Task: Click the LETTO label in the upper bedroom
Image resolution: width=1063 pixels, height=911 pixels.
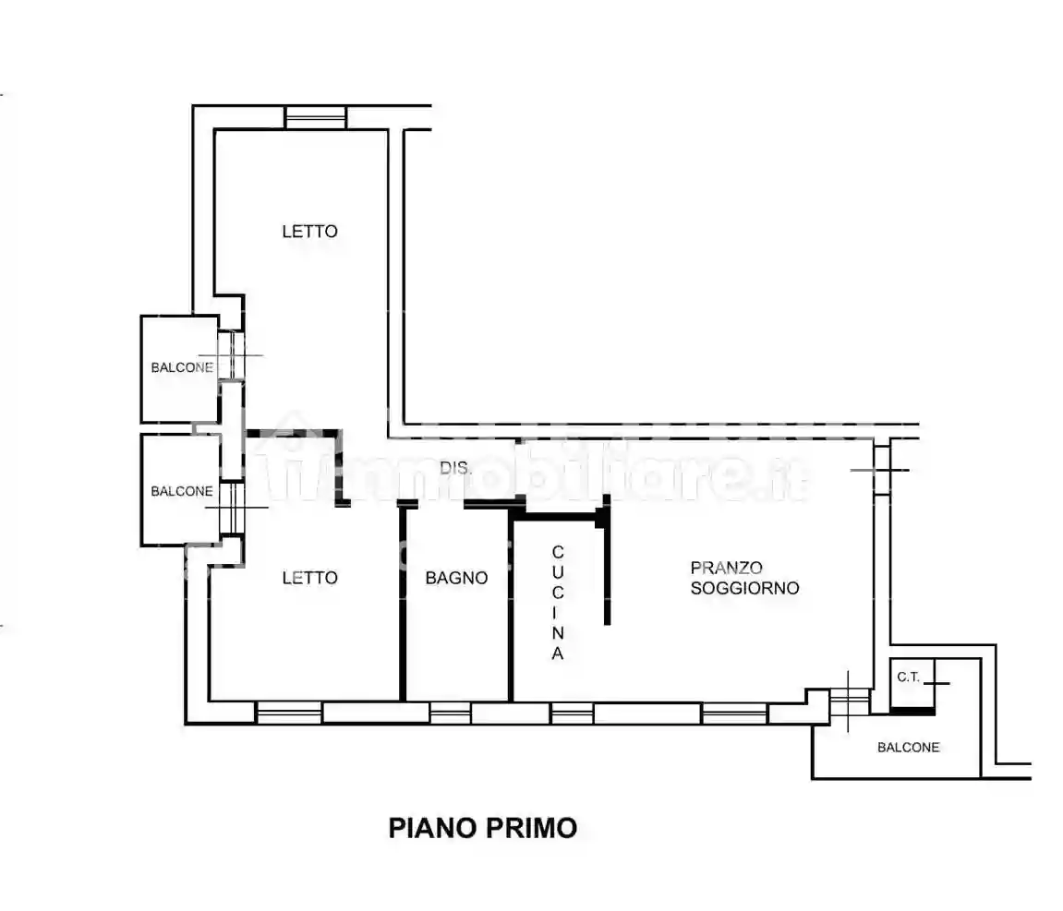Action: pyautogui.click(x=309, y=232)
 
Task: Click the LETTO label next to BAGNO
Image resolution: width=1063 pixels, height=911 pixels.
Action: pyautogui.click(x=309, y=578)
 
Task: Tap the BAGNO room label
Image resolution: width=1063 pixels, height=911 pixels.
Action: pyautogui.click(x=456, y=578)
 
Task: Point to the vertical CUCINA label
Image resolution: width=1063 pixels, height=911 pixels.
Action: pyautogui.click(x=558, y=603)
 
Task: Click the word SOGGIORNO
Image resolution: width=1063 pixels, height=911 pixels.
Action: pyautogui.click(x=744, y=587)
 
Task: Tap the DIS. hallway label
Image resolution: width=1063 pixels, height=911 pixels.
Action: pyautogui.click(x=456, y=468)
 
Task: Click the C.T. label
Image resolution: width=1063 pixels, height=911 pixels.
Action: pyautogui.click(x=908, y=677)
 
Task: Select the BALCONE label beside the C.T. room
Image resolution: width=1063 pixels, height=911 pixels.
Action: pyautogui.click(x=908, y=748)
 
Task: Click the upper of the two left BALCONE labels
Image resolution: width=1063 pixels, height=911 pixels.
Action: pyautogui.click(x=182, y=367)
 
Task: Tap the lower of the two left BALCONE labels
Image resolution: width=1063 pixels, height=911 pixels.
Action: pyautogui.click(x=182, y=491)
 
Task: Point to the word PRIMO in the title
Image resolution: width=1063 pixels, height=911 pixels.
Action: pyautogui.click(x=529, y=827)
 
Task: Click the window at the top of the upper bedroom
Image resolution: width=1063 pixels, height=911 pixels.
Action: pyautogui.click(x=315, y=117)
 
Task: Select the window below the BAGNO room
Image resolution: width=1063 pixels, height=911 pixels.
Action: pyautogui.click(x=451, y=713)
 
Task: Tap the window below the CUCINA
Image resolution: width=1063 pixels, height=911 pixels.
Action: pyautogui.click(x=572, y=713)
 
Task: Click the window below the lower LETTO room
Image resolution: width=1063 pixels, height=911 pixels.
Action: pyautogui.click(x=289, y=713)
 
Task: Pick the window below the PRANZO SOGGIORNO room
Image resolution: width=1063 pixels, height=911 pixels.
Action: pyautogui.click(x=734, y=713)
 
